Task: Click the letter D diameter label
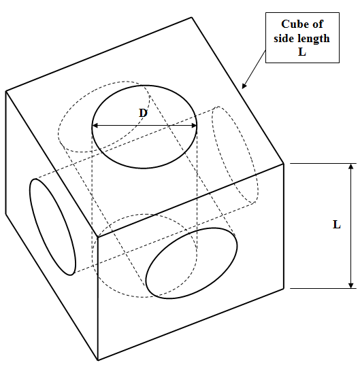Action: [x=143, y=113]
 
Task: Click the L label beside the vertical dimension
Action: [x=337, y=225]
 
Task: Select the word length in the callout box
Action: [x=314, y=38]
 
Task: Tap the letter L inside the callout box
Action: [x=302, y=52]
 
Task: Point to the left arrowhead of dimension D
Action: [x=95, y=126]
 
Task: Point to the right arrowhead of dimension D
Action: [x=194, y=126]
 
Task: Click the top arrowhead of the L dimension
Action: [x=350, y=167]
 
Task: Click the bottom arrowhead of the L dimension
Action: [x=350, y=285]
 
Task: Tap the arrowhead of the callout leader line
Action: [x=244, y=86]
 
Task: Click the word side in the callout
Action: [x=284, y=38]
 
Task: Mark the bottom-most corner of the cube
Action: [x=98, y=360]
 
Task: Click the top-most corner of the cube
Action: [x=192, y=17]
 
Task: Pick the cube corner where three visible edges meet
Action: [x=97, y=237]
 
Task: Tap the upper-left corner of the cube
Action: [x=5, y=91]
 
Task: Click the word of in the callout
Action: [x=318, y=24]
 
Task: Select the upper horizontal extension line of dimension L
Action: [x=323, y=163]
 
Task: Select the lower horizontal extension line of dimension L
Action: [x=323, y=288]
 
